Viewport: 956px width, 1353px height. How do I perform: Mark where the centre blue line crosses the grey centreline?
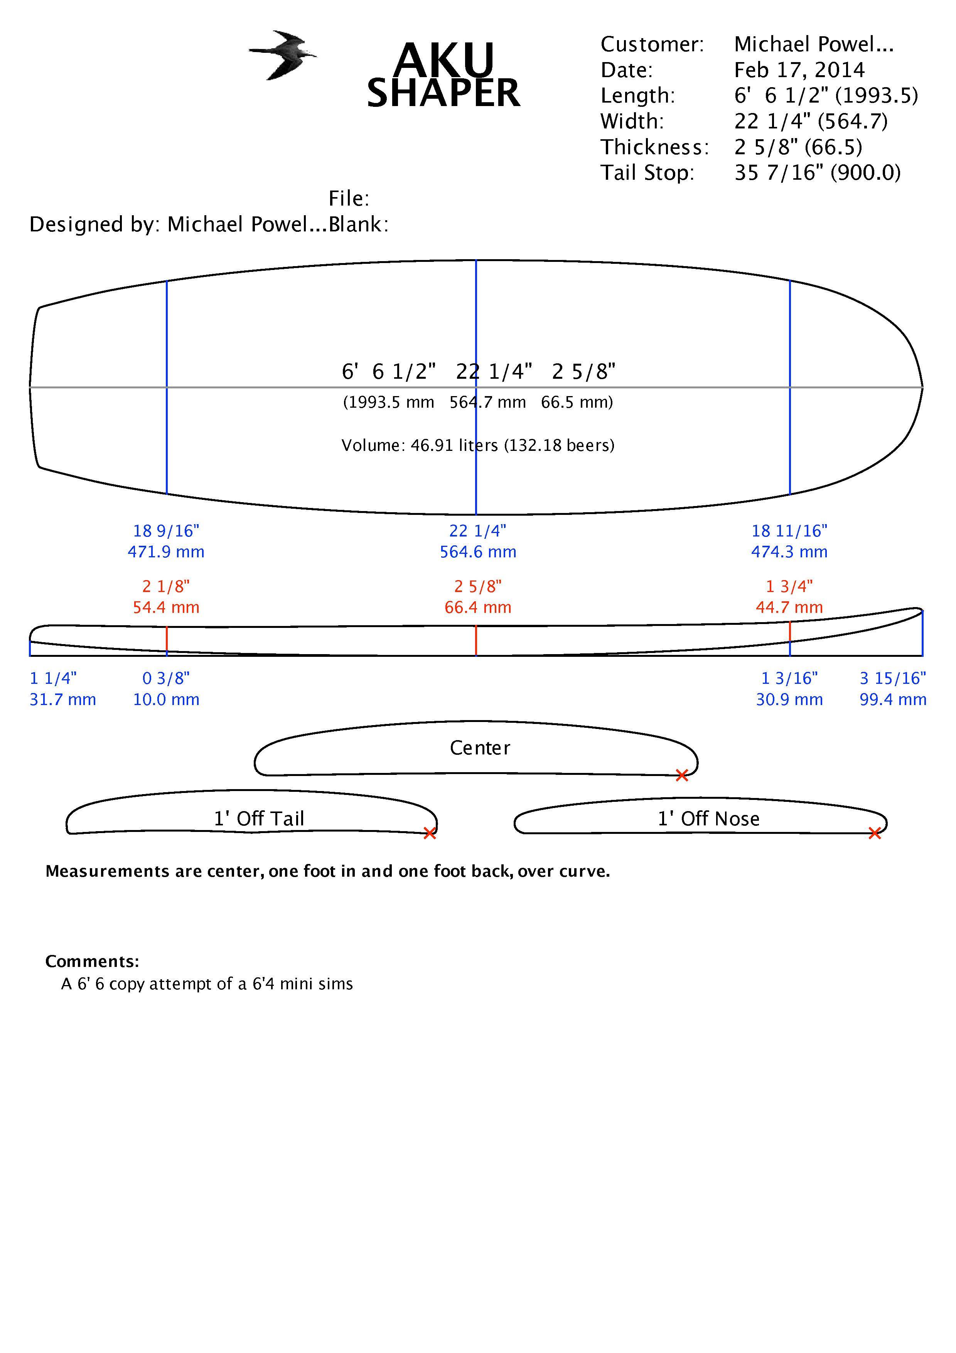coord(476,387)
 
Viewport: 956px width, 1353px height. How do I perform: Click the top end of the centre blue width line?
coord(476,260)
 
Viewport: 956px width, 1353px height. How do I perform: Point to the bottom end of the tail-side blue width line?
coord(167,493)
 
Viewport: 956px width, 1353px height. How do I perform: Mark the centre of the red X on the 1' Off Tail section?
coord(430,833)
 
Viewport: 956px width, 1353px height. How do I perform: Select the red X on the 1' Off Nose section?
coord(875,833)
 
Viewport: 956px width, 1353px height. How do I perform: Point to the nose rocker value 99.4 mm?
coord(893,700)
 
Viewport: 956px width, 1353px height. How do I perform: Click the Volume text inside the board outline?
coord(478,445)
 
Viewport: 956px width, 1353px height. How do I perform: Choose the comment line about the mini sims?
coord(207,984)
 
